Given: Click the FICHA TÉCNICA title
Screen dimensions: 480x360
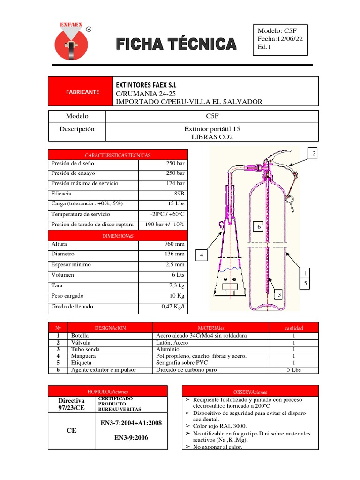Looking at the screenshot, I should coord(176,45).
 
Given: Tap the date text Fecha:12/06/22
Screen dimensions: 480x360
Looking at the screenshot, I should coord(280,39).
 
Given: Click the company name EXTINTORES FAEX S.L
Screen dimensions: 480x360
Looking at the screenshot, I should coord(147,85).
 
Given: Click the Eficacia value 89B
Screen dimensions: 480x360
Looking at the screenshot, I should coord(179,194).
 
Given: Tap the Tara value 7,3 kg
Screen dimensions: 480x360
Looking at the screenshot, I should coord(176,285).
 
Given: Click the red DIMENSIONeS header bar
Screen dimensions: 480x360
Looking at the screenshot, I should coord(118,236).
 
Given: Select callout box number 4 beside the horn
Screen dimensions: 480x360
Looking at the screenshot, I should coord(201,255).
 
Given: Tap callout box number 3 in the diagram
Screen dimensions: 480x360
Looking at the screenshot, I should coord(279,294).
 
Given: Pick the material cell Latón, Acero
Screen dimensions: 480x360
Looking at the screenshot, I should coord(172,343).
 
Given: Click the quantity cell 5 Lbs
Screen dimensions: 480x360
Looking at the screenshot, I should coord(294,370).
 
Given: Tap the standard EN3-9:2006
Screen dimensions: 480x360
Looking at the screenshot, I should coord(131,438).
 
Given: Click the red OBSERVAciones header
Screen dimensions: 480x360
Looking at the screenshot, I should coord(249,391).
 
